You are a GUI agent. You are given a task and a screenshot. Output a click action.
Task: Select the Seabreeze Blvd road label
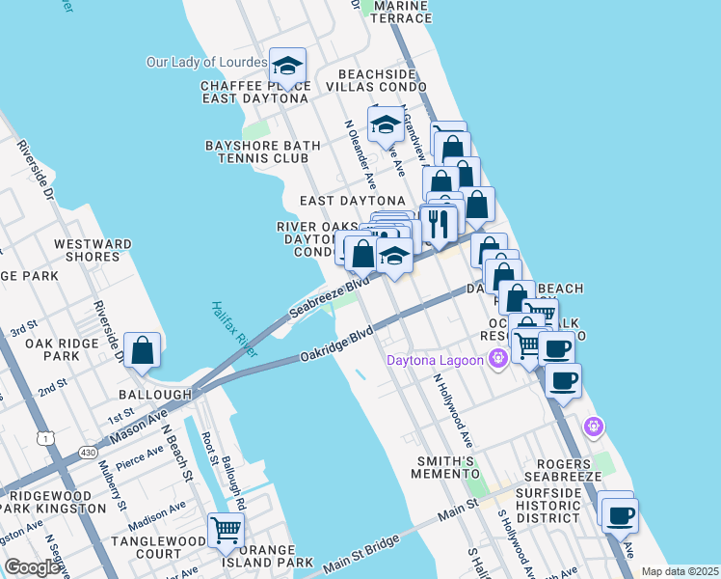click(330, 298)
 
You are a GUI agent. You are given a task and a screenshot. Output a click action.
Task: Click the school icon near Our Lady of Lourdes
click(287, 66)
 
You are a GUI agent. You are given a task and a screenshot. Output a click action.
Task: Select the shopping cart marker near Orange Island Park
click(226, 529)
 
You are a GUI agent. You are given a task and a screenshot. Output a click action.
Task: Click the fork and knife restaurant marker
click(440, 223)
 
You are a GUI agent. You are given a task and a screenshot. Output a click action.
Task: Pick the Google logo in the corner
click(32, 567)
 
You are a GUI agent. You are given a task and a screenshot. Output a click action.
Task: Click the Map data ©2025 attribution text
click(679, 571)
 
